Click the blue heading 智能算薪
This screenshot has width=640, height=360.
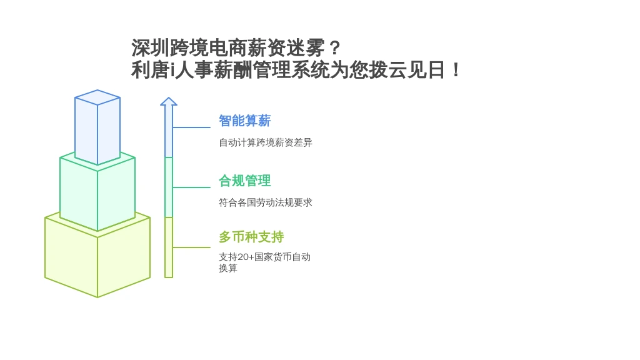[244, 121]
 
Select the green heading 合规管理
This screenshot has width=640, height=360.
[244, 181]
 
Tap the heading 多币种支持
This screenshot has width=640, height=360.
[251, 237]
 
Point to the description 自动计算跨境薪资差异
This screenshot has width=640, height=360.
[265, 142]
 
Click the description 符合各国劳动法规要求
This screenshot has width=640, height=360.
[265, 202]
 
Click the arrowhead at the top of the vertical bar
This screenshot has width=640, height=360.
[169, 101]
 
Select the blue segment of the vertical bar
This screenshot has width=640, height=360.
[169, 131]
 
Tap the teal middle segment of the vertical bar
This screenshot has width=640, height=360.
[169, 187]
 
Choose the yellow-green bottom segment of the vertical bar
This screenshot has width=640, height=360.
[169, 247]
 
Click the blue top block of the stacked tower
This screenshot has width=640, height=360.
[97, 127]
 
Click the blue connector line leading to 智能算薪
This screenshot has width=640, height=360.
[191, 127]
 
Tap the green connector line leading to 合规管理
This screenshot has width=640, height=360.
[191, 187]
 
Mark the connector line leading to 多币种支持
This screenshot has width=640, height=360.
[191, 247]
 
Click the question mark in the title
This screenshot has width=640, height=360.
[334, 48]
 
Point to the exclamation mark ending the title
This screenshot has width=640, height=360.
[456, 70]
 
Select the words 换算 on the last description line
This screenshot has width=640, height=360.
[227, 268]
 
